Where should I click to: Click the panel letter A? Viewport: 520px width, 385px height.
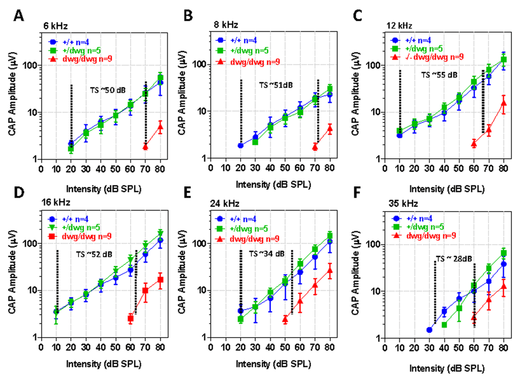(x=19, y=15)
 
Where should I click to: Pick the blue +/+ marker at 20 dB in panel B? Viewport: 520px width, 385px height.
(x=240, y=145)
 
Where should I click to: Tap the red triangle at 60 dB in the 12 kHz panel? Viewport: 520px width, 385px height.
(x=474, y=144)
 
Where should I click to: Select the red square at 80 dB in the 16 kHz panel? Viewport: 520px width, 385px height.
(x=160, y=279)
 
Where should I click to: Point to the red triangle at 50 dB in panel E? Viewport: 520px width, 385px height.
(x=285, y=319)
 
